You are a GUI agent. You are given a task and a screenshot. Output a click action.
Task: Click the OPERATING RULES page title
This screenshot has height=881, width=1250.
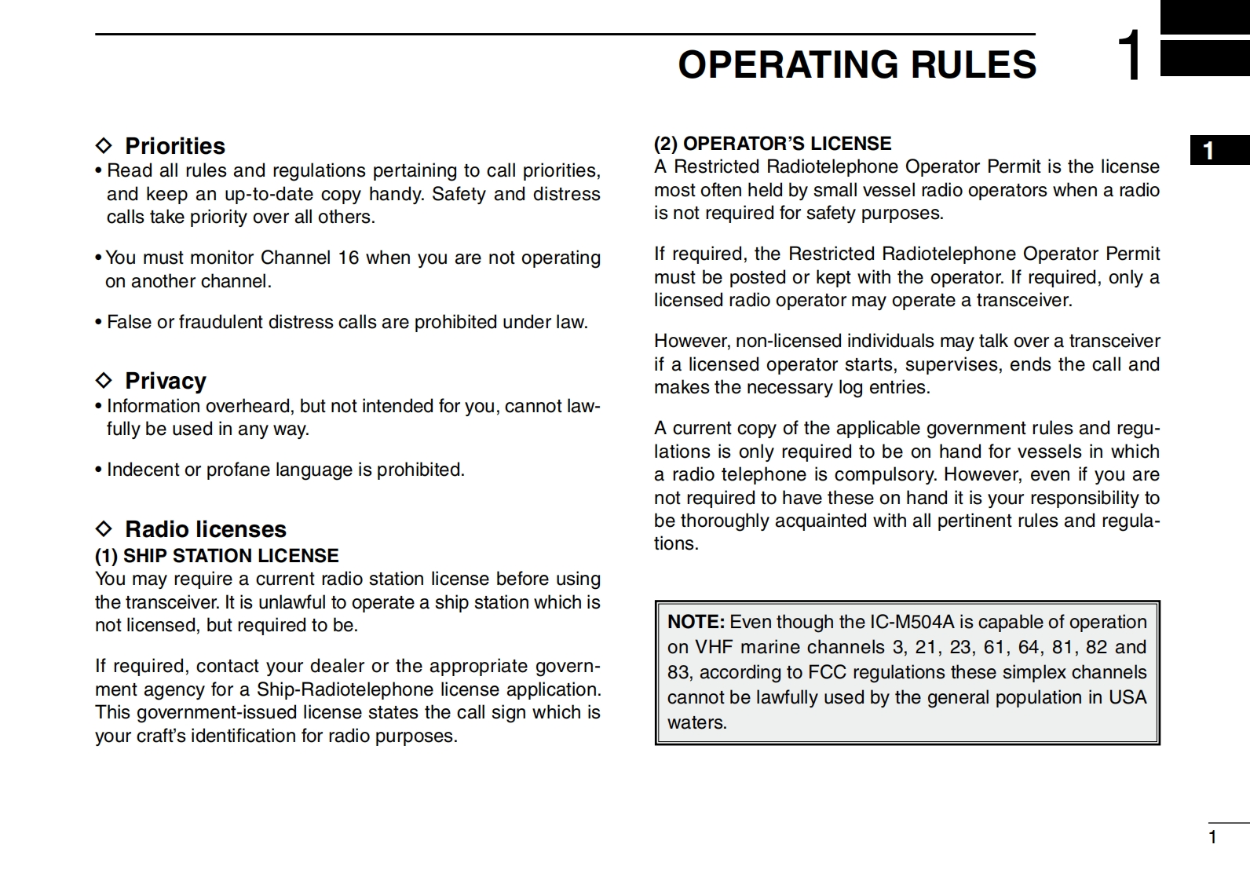(x=857, y=64)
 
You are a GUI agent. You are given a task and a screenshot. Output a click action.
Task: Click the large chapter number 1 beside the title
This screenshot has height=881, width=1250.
(x=1131, y=56)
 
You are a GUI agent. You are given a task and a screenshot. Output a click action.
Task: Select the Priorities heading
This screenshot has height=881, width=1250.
(x=174, y=146)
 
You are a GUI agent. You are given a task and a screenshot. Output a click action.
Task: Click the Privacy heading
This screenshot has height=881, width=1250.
(x=165, y=381)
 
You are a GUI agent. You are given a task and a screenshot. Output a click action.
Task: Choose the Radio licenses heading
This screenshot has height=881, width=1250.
(x=205, y=529)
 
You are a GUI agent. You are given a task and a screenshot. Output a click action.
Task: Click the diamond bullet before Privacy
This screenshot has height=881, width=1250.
(x=104, y=381)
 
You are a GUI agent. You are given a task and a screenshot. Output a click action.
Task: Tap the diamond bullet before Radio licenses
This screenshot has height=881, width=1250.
(x=104, y=528)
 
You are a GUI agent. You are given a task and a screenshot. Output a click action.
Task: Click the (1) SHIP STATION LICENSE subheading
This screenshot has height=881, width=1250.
(x=217, y=556)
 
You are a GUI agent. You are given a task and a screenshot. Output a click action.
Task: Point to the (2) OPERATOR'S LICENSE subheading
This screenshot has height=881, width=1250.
(x=773, y=144)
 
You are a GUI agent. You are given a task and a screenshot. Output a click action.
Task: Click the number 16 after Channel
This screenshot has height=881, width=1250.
(x=349, y=258)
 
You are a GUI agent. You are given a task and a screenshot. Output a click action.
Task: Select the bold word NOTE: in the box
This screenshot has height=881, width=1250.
(x=696, y=622)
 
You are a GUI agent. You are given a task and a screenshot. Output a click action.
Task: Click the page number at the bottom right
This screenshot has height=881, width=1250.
(x=1212, y=837)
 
